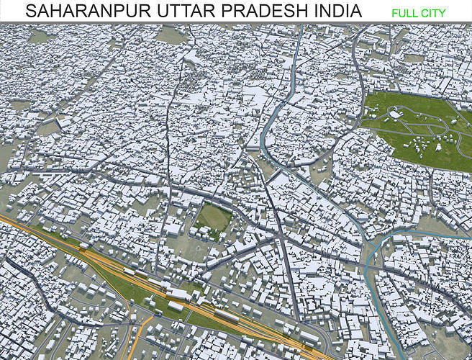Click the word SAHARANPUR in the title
coord(76,12)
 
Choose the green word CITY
coord(434,13)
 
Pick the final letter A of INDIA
coord(356,12)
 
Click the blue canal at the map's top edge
coord(299,32)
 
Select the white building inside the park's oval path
coord(395,114)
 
